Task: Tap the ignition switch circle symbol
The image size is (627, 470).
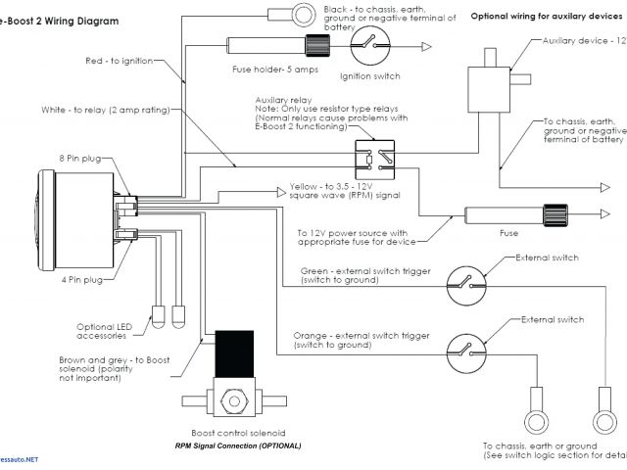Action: point(369,45)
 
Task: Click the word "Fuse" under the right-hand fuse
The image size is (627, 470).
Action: point(508,233)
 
